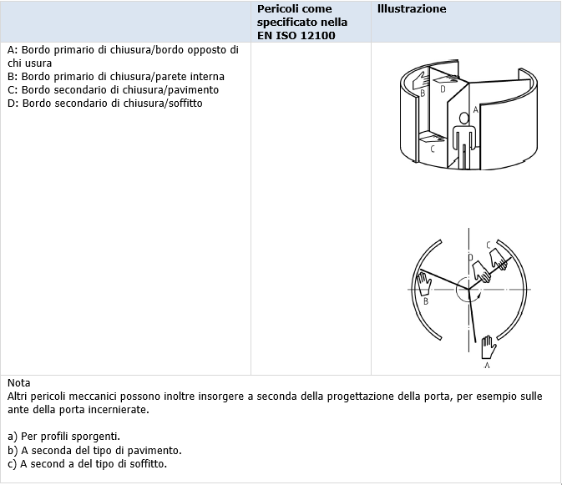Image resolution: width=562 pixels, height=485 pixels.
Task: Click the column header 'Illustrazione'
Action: (411, 9)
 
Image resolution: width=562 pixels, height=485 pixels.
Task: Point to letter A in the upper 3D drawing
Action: (476, 109)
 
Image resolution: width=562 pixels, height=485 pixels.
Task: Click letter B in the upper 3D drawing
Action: (423, 93)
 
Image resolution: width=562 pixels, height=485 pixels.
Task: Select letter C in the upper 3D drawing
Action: (432, 149)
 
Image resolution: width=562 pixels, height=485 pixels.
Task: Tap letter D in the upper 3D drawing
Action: (443, 88)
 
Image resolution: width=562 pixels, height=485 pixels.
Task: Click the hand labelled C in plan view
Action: (499, 258)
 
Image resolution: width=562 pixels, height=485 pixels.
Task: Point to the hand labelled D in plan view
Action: (480, 271)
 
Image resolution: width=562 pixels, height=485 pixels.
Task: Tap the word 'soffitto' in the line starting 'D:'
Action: (184, 103)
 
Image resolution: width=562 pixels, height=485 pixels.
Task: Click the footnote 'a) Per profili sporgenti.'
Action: (63, 437)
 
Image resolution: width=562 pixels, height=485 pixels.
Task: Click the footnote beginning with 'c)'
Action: (87, 463)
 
